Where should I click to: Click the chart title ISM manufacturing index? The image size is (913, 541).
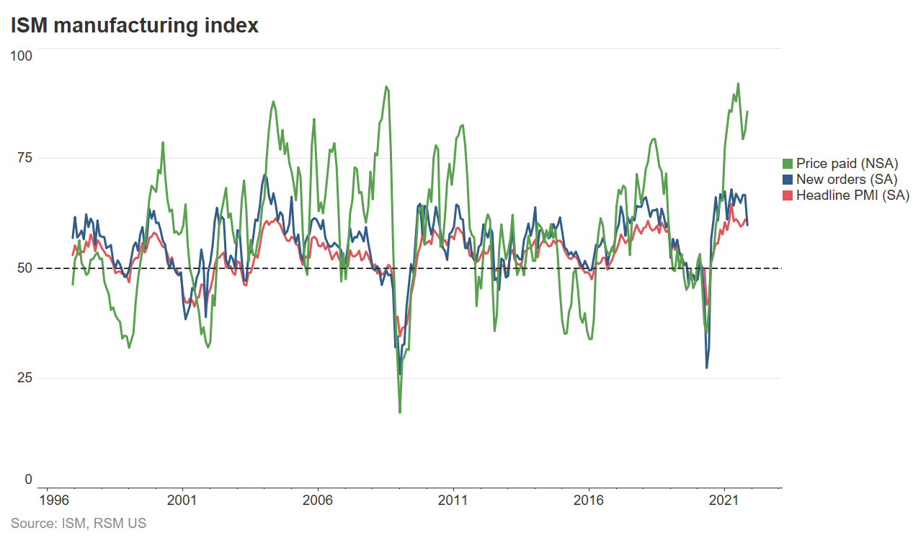[x=134, y=26]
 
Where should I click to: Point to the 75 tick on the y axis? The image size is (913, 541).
[x=25, y=158]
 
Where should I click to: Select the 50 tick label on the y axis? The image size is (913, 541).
[x=25, y=268]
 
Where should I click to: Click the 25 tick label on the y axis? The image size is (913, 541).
[x=25, y=377]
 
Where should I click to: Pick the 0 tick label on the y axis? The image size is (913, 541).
[x=28, y=480]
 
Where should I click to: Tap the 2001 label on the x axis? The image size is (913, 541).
[x=182, y=501]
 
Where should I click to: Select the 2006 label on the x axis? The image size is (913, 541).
[x=317, y=501]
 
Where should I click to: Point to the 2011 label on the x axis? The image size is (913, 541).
[x=453, y=501]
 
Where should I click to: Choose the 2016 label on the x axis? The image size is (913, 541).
[x=588, y=501]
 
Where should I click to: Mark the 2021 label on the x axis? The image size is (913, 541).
[x=723, y=501]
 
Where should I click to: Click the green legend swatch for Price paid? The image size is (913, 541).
[x=788, y=164]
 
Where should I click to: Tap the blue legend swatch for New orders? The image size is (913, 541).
[x=788, y=180]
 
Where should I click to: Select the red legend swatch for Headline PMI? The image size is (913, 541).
[x=788, y=195]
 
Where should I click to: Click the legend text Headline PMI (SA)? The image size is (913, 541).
[x=852, y=195]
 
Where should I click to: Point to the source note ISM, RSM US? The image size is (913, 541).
[x=79, y=524]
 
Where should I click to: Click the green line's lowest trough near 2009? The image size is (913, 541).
[x=400, y=412]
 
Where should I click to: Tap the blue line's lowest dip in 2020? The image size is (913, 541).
[x=706, y=368]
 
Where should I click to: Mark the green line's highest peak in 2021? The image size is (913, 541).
[x=738, y=84]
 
